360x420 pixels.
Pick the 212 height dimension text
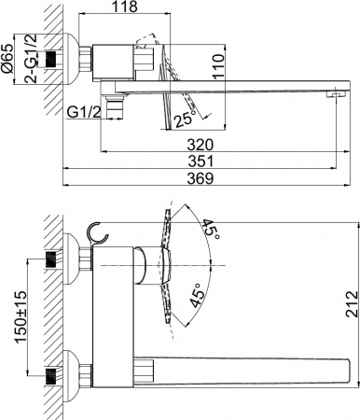pyautogui.click(x=350, y=309)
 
